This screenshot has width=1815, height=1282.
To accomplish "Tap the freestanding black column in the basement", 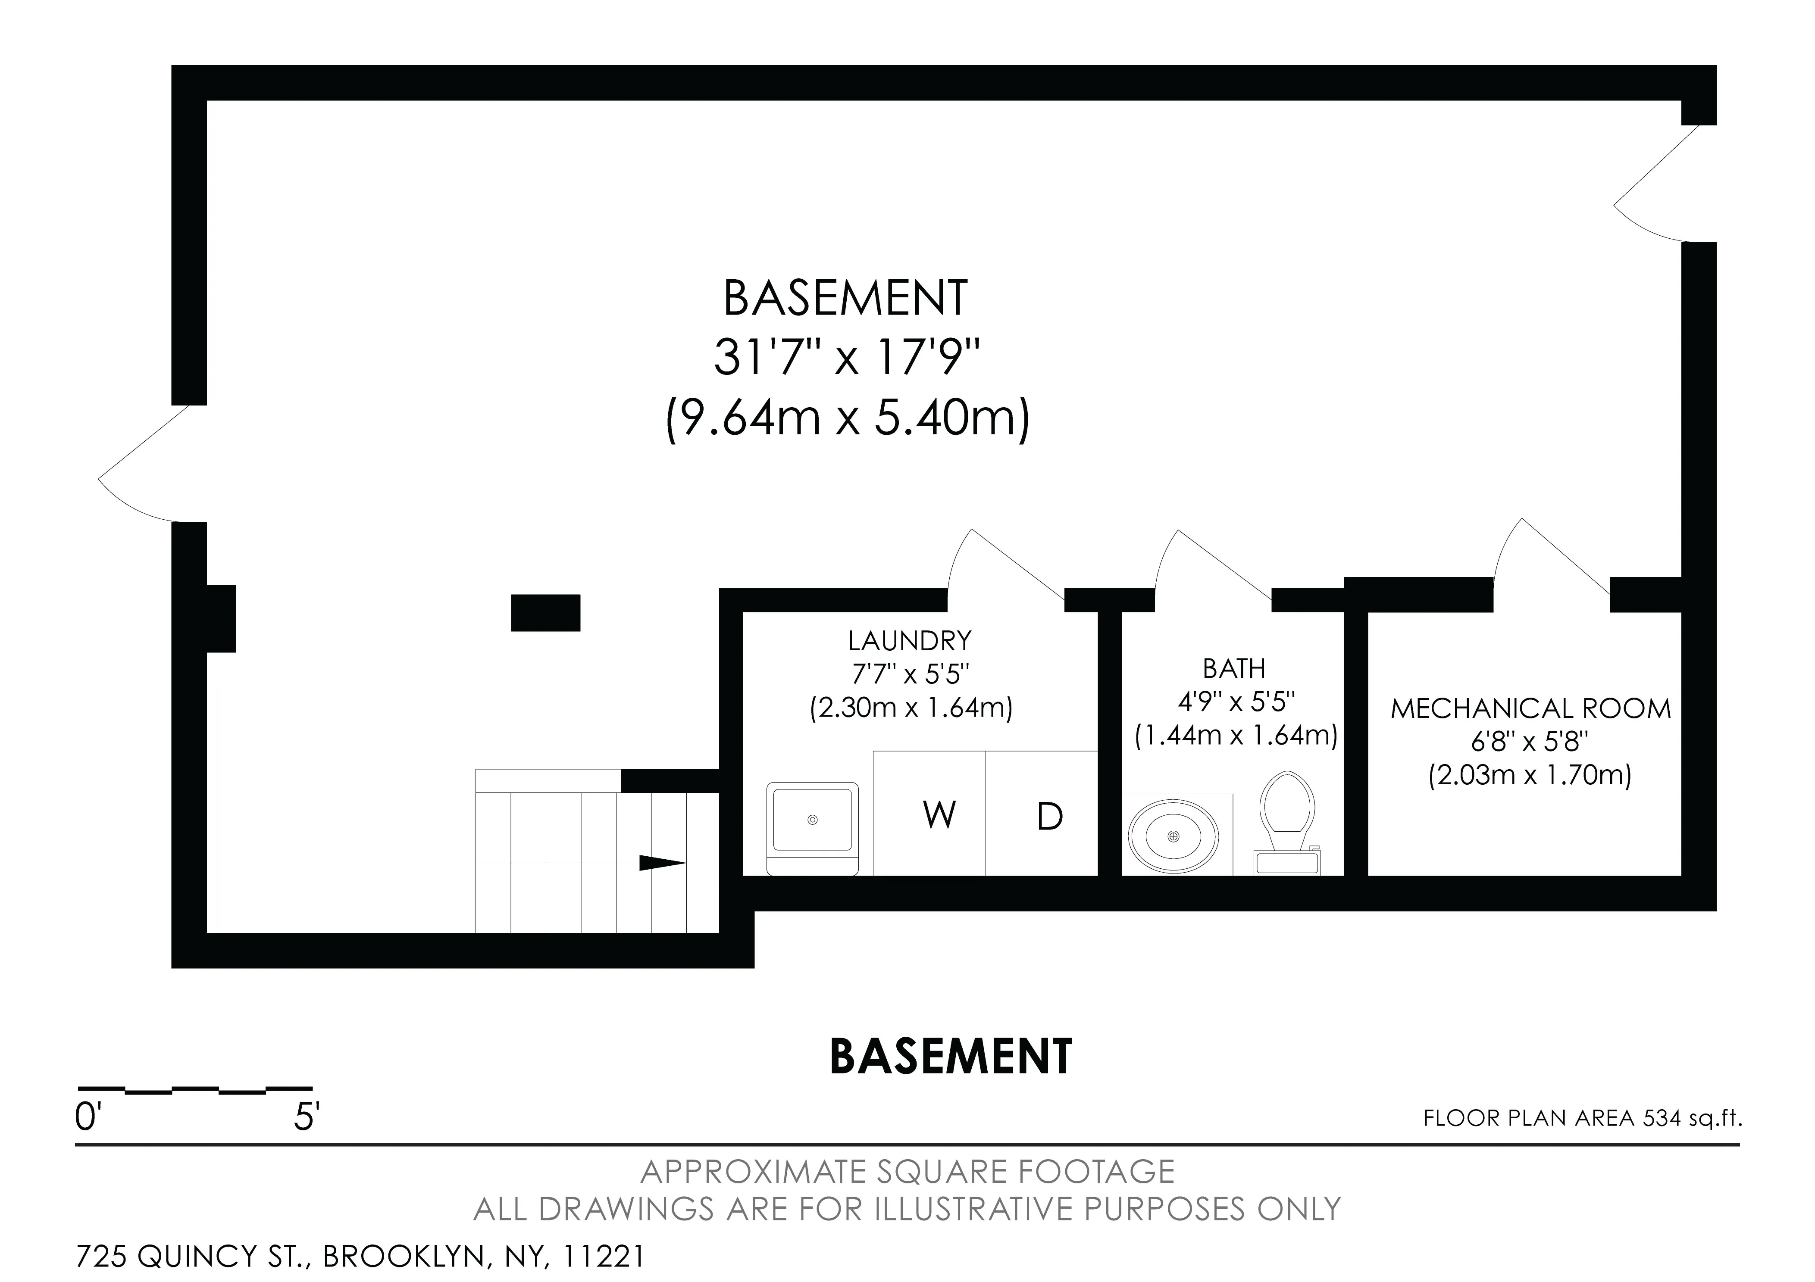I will (545, 612).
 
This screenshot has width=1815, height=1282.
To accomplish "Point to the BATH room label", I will (1234, 669).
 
